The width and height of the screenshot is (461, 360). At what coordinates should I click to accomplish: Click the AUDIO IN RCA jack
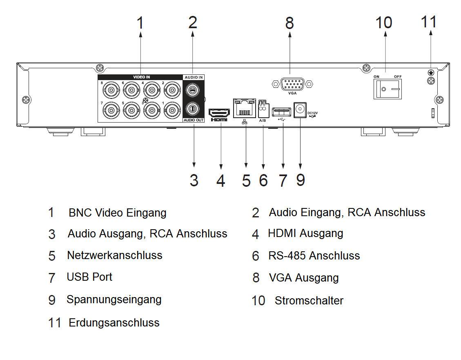[x=193, y=88]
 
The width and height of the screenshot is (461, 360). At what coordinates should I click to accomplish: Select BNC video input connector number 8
[x=110, y=88]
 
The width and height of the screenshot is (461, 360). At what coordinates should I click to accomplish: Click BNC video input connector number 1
[x=171, y=110]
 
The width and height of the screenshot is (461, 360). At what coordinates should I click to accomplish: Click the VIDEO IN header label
[x=141, y=77]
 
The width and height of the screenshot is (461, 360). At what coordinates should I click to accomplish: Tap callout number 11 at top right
[x=428, y=22]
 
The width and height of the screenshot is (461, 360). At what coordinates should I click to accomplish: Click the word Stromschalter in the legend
[x=309, y=301]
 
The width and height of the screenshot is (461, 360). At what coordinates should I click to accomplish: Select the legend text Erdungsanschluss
[x=114, y=322]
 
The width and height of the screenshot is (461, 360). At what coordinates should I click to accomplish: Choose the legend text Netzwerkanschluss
[x=114, y=255]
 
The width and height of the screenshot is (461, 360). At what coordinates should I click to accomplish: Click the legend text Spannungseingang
[x=114, y=300]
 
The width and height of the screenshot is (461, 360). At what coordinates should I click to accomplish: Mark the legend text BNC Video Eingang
[x=117, y=213]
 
